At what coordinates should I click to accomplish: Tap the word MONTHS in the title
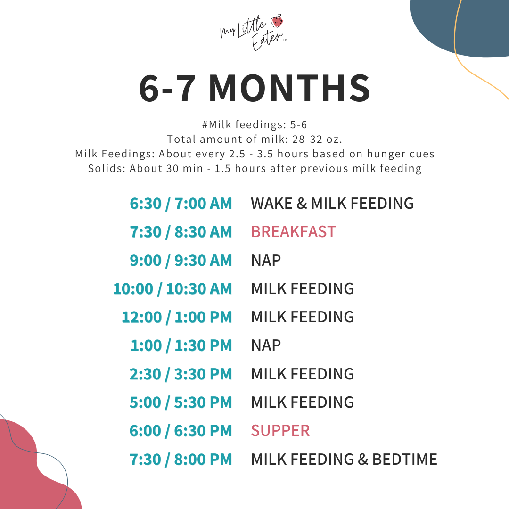click(x=289, y=88)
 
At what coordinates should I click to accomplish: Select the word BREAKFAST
click(x=293, y=232)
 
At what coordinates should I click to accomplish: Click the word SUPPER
click(x=280, y=430)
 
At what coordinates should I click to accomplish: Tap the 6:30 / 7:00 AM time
click(x=181, y=204)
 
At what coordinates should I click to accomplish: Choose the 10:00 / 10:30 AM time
click(x=172, y=288)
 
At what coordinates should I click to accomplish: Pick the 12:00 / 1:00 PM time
click(x=177, y=317)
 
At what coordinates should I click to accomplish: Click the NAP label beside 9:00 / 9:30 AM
click(x=266, y=260)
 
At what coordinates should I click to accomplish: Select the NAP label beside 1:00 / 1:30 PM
click(x=266, y=345)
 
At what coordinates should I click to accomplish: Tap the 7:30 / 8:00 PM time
click(x=181, y=459)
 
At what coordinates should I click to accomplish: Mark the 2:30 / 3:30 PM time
click(x=181, y=374)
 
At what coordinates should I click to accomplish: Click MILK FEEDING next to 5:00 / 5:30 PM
click(x=302, y=402)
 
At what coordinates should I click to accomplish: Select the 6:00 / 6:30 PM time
click(x=181, y=430)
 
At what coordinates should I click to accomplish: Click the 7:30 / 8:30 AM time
click(x=181, y=232)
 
